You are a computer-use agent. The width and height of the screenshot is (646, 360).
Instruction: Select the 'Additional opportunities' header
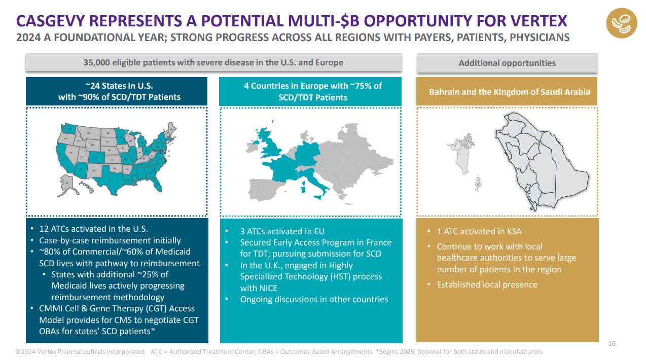tap(507, 63)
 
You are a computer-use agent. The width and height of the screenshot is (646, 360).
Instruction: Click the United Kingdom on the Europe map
tap(272, 147)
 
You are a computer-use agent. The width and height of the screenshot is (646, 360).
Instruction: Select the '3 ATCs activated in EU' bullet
tap(282, 231)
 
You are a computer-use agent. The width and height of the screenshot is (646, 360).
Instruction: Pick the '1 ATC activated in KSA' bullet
tap(479, 231)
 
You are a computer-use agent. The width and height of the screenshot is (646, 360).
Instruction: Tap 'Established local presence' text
tap(487, 284)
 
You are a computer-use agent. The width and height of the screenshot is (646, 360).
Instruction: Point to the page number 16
tap(612, 344)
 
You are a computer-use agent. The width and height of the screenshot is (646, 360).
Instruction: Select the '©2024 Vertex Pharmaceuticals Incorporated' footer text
tap(80, 351)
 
